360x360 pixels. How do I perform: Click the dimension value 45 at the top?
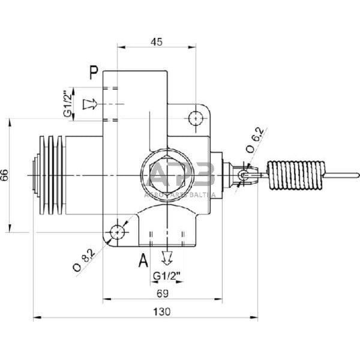(x=156, y=42)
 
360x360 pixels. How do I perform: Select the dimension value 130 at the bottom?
(x=162, y=311)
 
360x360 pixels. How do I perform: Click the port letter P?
(x=94, y=73)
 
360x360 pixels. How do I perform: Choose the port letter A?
(x=143, y=260)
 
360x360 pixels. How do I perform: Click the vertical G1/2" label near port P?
(x=68, y=104)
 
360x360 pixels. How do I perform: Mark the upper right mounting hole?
(x=196, y=118)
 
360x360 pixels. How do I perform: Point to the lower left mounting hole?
(x=118, y=232)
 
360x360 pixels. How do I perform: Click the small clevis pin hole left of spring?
(x=242, y=175)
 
